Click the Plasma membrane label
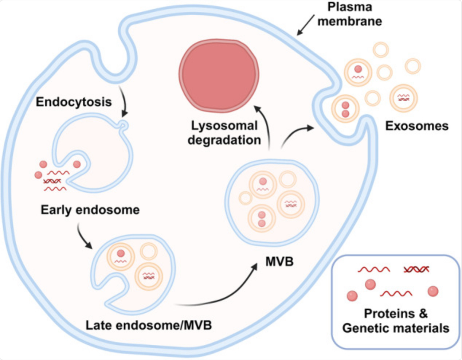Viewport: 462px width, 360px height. tap(349, 14)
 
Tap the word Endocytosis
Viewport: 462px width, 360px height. tap(74, 102)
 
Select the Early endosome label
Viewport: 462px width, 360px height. tap(90, 210)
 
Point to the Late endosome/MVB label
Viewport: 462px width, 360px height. tap(149, 325)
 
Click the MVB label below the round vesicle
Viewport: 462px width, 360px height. tap(279, 261)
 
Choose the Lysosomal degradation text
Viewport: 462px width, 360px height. tap(224, 133)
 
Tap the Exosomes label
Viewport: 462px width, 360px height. tap(417, 126)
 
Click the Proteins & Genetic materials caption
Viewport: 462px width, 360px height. tap(396, 321)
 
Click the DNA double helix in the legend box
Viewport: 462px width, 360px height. tap(416, 270)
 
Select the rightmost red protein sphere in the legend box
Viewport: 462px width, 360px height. tap(433, 291)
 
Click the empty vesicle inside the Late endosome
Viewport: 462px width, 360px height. tap(149, 251)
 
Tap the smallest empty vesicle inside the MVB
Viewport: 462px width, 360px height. tap(246, 199)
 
